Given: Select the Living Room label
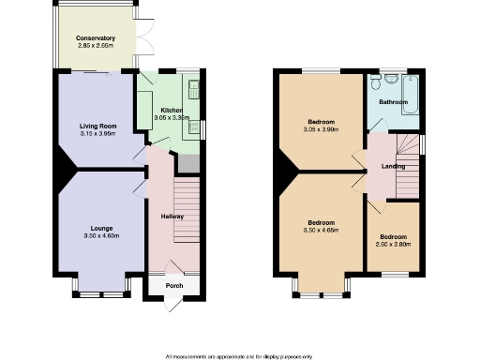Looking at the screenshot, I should click(x=97, y=125).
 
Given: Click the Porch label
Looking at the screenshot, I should click(x=174, y=285).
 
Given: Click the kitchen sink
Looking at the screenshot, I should click(x=194, y=90).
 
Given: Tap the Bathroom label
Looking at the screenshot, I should click(x=392, y=101).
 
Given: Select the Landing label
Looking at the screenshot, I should click(x=393, y=167).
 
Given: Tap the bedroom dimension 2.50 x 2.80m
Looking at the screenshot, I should click(x=393, y=244).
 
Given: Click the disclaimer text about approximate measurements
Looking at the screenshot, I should click(x=239, y=356).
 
